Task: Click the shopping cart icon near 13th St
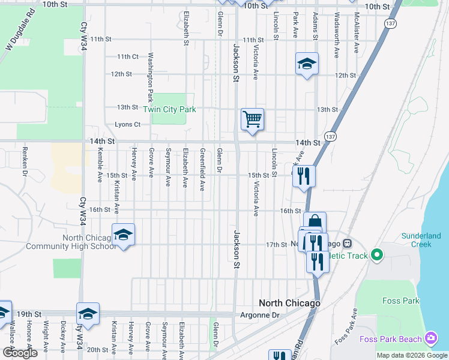pyautogui.click(x=253, y=119)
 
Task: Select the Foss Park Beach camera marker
pyautogui.click(x=430, y=338)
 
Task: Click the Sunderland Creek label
pyautogui.click(x=426, y=240)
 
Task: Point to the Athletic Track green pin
pyautogui.click(x=377, y=256)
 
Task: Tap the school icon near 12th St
pyautogui.click(x=306, y=64)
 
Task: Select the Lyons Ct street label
pyautogui.click(x=127, y=125)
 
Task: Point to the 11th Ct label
pyautogui.click(x=128, y=56)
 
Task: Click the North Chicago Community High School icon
pyautogui.click(x=123, y=235)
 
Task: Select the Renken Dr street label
pyautogui.click(x=25, y=161)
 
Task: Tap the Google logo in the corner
pyautogui.click(x=19, y=353)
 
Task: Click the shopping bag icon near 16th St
pyautogui.click(x=315, y=223)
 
